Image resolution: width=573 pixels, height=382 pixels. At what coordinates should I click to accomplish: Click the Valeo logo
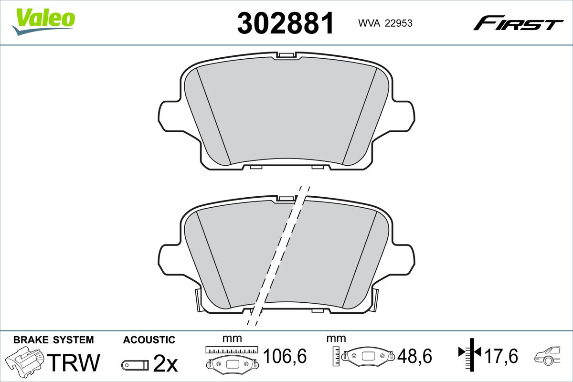[x=43, y=21]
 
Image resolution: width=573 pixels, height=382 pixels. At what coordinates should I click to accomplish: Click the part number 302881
[x=285, y=23]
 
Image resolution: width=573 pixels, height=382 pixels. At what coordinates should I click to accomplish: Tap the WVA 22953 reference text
[x=385, y=23]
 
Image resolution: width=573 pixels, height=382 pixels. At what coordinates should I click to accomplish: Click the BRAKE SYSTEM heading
[x=53, y=340]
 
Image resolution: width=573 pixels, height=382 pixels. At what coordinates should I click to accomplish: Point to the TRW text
[x=74, y=362]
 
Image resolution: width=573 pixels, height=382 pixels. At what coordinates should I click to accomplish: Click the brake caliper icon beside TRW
[x=24, y=360]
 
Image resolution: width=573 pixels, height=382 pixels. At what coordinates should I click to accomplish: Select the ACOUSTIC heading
[x=149, y=340]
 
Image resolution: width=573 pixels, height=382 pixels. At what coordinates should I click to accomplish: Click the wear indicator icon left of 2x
[x=135, y=365]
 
